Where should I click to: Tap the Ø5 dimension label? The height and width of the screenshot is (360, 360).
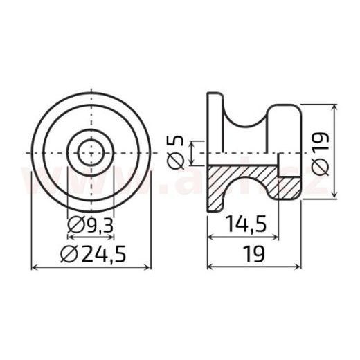176,151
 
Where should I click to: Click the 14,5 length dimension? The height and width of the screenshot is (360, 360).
244,224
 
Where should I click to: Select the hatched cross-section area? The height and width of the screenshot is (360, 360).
239,179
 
